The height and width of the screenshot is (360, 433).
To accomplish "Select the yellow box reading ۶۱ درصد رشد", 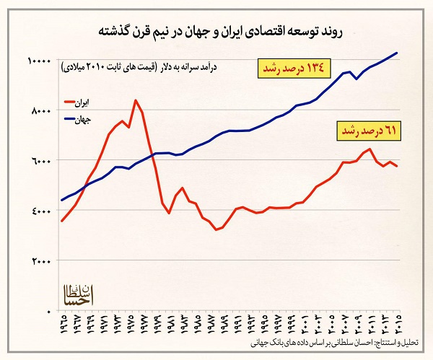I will (369, 131).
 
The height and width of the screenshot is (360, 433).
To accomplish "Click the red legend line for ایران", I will (73, 102).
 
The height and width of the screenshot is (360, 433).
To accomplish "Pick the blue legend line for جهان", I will (73, 120).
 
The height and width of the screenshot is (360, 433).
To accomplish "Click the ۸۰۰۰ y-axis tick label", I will (40, 110).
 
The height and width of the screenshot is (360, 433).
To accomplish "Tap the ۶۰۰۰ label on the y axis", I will (40, 160).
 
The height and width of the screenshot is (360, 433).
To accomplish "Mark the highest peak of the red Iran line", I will (135, 100).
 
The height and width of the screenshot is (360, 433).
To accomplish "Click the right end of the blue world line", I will (398, 53).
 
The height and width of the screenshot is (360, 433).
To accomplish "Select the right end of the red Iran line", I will (397, 166).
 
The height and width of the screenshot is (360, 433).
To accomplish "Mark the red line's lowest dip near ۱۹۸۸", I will (216, 230).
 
